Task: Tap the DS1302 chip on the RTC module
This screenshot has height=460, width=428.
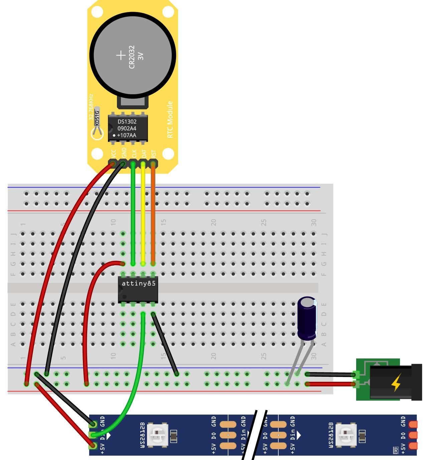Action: click(127, 128)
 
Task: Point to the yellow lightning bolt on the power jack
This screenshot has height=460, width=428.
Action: click(396, 382)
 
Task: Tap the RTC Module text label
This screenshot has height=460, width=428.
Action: click(170, 120)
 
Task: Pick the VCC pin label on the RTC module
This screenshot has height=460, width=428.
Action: click(114, 154)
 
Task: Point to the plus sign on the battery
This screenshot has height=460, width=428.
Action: click(120, 55)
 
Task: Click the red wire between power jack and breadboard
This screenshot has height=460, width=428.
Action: click(331, 384)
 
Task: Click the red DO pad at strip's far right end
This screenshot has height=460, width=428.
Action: click(413, 435)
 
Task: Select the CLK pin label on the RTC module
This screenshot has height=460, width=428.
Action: click(134, 154)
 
